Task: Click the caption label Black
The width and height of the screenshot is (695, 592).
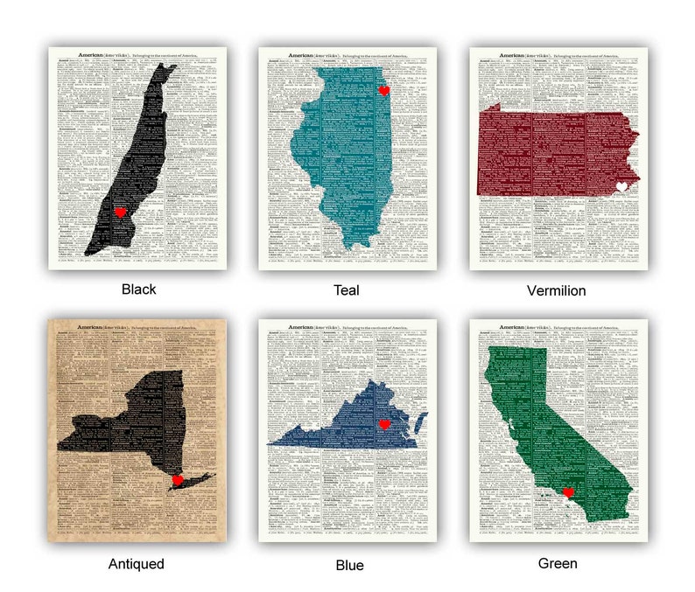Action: click(139, 289)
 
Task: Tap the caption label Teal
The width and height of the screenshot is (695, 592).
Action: click(347, 289)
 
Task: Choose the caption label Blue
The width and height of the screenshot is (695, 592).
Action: click(349, 565)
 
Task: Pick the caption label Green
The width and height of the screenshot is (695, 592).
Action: click(558, 564)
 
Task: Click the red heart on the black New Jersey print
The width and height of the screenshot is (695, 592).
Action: click(121, 212)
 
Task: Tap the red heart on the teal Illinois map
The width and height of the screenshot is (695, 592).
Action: click(383, 90)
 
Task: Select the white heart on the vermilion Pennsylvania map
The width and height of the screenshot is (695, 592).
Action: click(622, 186)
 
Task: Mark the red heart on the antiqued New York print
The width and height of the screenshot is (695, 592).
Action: click(178, 479)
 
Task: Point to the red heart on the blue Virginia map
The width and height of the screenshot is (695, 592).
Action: click(383, 425)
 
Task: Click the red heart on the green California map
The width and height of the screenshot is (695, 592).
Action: click(568, 492)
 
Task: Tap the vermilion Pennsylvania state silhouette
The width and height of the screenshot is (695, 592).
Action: click(551, 149)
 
